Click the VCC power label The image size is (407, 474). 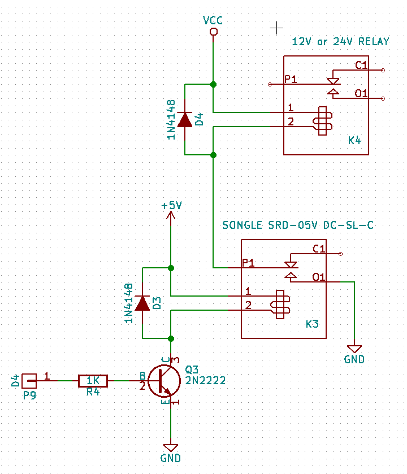tap(213, 20)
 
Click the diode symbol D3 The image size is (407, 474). tap(142, 303)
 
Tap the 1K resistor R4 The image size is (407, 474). tap(93, 381)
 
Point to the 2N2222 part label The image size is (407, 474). tap(205, 381)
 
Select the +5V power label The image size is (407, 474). tap(171, 206)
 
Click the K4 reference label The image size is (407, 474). tap(354, 140)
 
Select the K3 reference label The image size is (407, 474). tap(312, 324)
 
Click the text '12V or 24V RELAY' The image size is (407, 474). tap(340, 42)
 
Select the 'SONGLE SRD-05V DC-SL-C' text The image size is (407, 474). tap(298, 225)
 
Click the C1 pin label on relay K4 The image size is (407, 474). tap(361, 65)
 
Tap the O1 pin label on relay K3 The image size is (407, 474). tap(319, 277)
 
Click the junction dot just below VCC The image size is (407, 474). tap(213, 84)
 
